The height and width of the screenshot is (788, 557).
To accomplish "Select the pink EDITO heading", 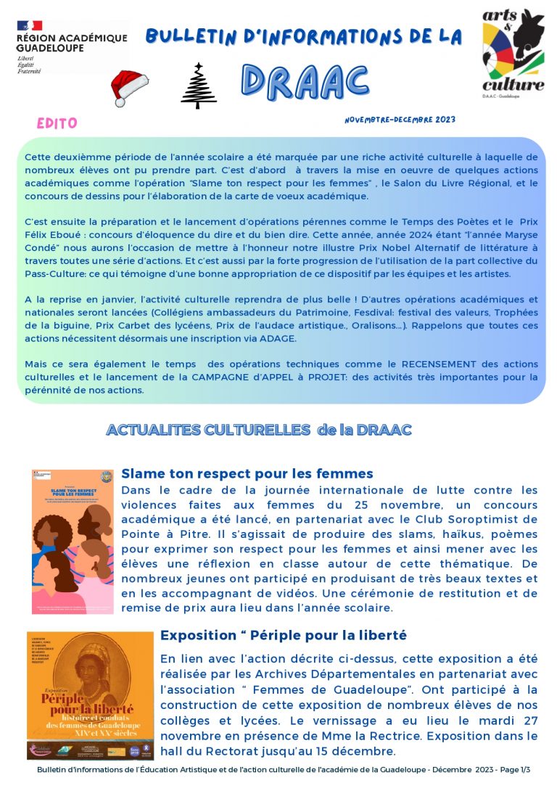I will click(57, 123).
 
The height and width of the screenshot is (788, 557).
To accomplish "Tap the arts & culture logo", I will click(513, 51).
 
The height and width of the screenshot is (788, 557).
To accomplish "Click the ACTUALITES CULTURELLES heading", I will click(259, 430).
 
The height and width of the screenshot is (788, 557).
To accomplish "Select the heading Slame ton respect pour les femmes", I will click(247, 473).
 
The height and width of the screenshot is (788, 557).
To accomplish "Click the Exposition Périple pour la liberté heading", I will click(284, 635).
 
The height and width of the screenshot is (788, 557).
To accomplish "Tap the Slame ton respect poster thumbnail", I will click(73, 541).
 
